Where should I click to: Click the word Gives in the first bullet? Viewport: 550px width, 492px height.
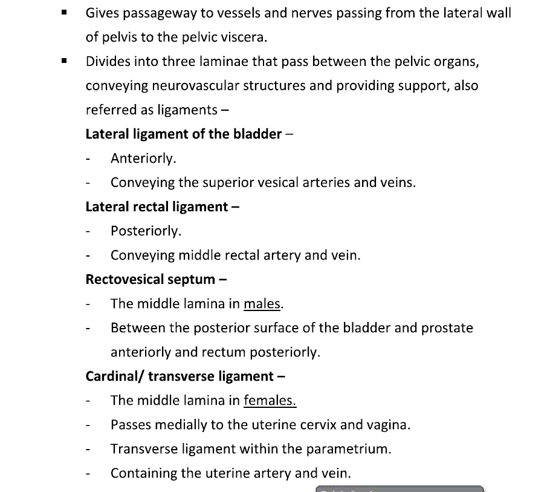click(102, 13)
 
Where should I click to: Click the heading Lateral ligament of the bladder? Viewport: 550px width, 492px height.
click(184, 134)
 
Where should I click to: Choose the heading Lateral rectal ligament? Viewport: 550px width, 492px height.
click(155, 206)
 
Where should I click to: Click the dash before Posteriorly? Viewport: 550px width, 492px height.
click(89, 231)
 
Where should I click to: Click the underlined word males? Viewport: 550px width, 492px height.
click(263, 304)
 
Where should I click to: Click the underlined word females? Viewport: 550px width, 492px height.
click(270, 401)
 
